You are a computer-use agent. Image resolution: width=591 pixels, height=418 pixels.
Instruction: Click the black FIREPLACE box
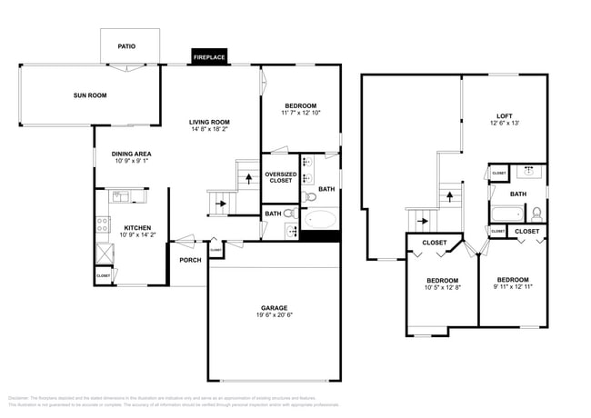pyautogui.click(x=209, y=56)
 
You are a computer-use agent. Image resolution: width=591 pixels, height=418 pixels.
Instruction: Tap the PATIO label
pyautogui.click(x=127, y=46)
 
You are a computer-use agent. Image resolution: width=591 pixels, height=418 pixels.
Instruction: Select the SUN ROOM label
pyautogui.click(x=90, y=95)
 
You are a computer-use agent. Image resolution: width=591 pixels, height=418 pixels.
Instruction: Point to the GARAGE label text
pyautogui.click(x=274, y=308)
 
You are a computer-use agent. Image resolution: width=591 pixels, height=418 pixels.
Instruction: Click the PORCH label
pyautogui.click(x=190, y=260)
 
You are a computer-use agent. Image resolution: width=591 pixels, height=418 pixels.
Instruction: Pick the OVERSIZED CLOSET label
pyautogui.click(x=280, y=177)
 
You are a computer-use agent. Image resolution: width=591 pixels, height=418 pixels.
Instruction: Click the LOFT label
pyautogui.click(x=504, y=115)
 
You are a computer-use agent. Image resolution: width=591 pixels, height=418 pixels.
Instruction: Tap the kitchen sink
pyautogui.click(x=121, y=195)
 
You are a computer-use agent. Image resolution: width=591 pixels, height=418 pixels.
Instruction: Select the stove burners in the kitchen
pyautogui.click(x=103, y=223)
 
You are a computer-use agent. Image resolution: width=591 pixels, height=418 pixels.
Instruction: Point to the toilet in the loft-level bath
pyautogui.click(x=536, y=214)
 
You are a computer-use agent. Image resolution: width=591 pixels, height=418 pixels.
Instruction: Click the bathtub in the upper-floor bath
pyautogui.click(x=507, y=215)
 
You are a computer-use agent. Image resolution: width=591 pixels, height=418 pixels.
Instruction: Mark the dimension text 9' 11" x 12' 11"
pyautogui.click(x=513, y=286)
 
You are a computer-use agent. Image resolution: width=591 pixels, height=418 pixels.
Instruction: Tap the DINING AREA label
pyautogui.click(x=131, y=154)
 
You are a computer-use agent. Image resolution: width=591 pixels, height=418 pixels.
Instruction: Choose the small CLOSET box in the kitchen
pyautogui.click(x=104, y=274)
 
